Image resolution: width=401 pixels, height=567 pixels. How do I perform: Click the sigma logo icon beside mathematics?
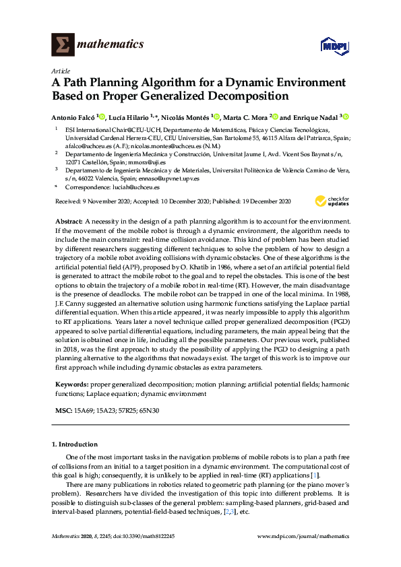tap(63, 44)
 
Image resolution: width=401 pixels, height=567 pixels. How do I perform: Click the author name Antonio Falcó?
tap(73, 116)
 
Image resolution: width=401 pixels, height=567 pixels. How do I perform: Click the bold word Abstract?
tap(69, 221)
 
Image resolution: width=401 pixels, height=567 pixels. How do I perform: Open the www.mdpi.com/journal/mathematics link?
tap(304, 536)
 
